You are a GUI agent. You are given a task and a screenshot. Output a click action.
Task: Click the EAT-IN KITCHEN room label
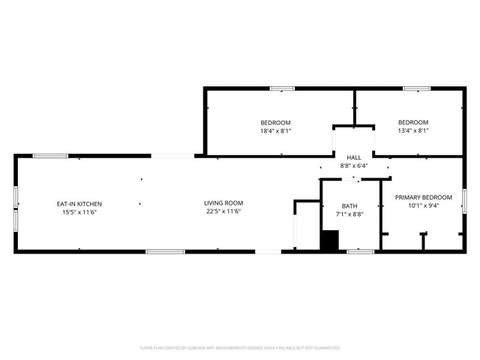pyautogui.click(x=79, y=203)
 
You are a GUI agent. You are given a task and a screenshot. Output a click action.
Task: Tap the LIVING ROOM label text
pyautogui.click(x=223, y=202)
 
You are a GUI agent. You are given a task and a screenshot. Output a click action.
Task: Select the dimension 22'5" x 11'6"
pyautogui.click(x=223, y=211)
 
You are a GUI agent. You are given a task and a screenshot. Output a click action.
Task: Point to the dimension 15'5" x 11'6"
pyautogui.click(x=79, y=211)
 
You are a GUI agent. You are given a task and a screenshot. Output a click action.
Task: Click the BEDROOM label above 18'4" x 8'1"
pyautogui.click(x=275, y=122)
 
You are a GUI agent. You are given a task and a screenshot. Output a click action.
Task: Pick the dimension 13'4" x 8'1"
pyautogui.click(x=413, y=130)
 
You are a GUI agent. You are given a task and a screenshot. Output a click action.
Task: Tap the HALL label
pyautogui.click(x=354, y=157)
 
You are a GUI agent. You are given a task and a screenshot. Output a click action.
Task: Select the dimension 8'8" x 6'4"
pyautogui.click(x=354, y=165)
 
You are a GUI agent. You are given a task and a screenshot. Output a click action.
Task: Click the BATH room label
pyautogui.click(x=349, y=205)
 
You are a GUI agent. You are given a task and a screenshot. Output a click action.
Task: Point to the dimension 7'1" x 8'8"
pyautogui.click(x=349, y=214)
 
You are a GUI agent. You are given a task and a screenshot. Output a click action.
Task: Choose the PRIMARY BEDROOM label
pyautogui.click(x=424, y=196)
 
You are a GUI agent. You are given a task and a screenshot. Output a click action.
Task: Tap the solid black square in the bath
pyautogui.click(x=329, y=241)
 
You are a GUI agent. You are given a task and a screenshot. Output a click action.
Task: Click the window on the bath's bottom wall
pyautogui.click(x=361, y=251)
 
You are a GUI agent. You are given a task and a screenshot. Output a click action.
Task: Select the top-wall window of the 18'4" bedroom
pyautogui.click(x=282, y=88)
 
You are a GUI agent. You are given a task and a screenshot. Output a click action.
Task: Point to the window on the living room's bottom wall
pyautogui.click(x=165, y=251)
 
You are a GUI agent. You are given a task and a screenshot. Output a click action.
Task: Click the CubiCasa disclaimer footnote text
pyautogui.click(x=240, y=348)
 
